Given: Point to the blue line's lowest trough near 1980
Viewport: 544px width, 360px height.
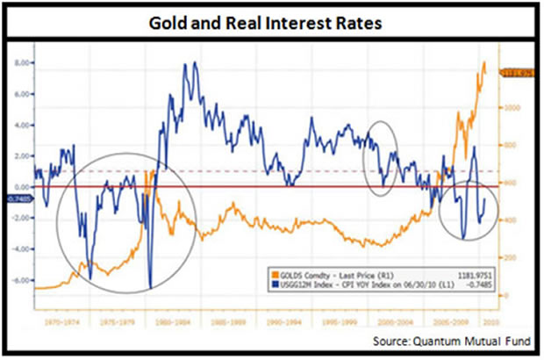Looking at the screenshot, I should point(151,286).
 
